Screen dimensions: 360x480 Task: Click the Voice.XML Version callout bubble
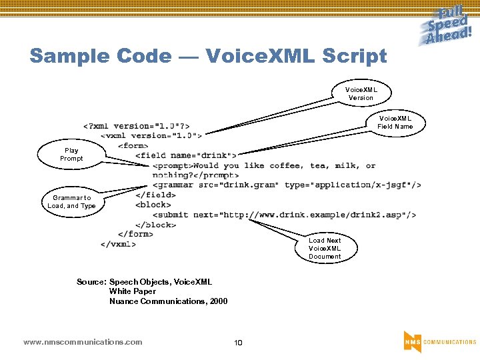coord(361,93)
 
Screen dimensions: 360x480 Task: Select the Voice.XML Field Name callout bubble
coord(395,122)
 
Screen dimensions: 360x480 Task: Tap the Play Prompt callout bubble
coord(71,155)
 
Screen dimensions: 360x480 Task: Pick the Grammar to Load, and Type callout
coord(71,201)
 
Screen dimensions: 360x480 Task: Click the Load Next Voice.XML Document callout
coord(325,248)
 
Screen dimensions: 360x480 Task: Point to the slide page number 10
coord(238,343)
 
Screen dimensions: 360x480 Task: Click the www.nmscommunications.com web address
coord(83,342)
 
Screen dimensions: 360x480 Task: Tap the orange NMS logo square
coord(412,341)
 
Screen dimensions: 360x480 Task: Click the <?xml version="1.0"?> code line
coord(136,126)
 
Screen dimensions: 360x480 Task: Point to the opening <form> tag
coord(133,145)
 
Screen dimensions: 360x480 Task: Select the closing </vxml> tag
coord(119,244)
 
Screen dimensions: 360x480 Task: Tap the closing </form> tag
coord(136,234)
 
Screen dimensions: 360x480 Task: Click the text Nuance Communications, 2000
coord(168,301)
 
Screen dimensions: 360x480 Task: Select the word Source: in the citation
coord(91,282)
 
